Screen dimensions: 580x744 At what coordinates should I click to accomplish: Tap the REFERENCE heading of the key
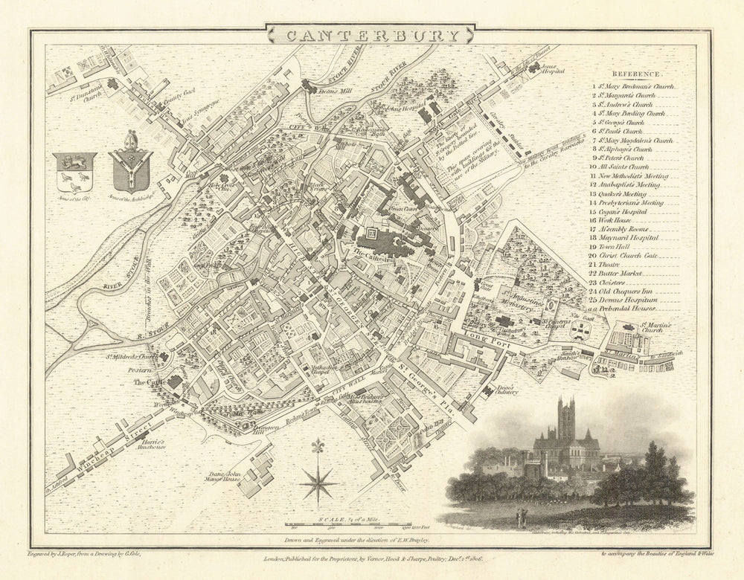click(x=636, y=74)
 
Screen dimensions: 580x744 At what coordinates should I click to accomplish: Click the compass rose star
click(x=318, y=481)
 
